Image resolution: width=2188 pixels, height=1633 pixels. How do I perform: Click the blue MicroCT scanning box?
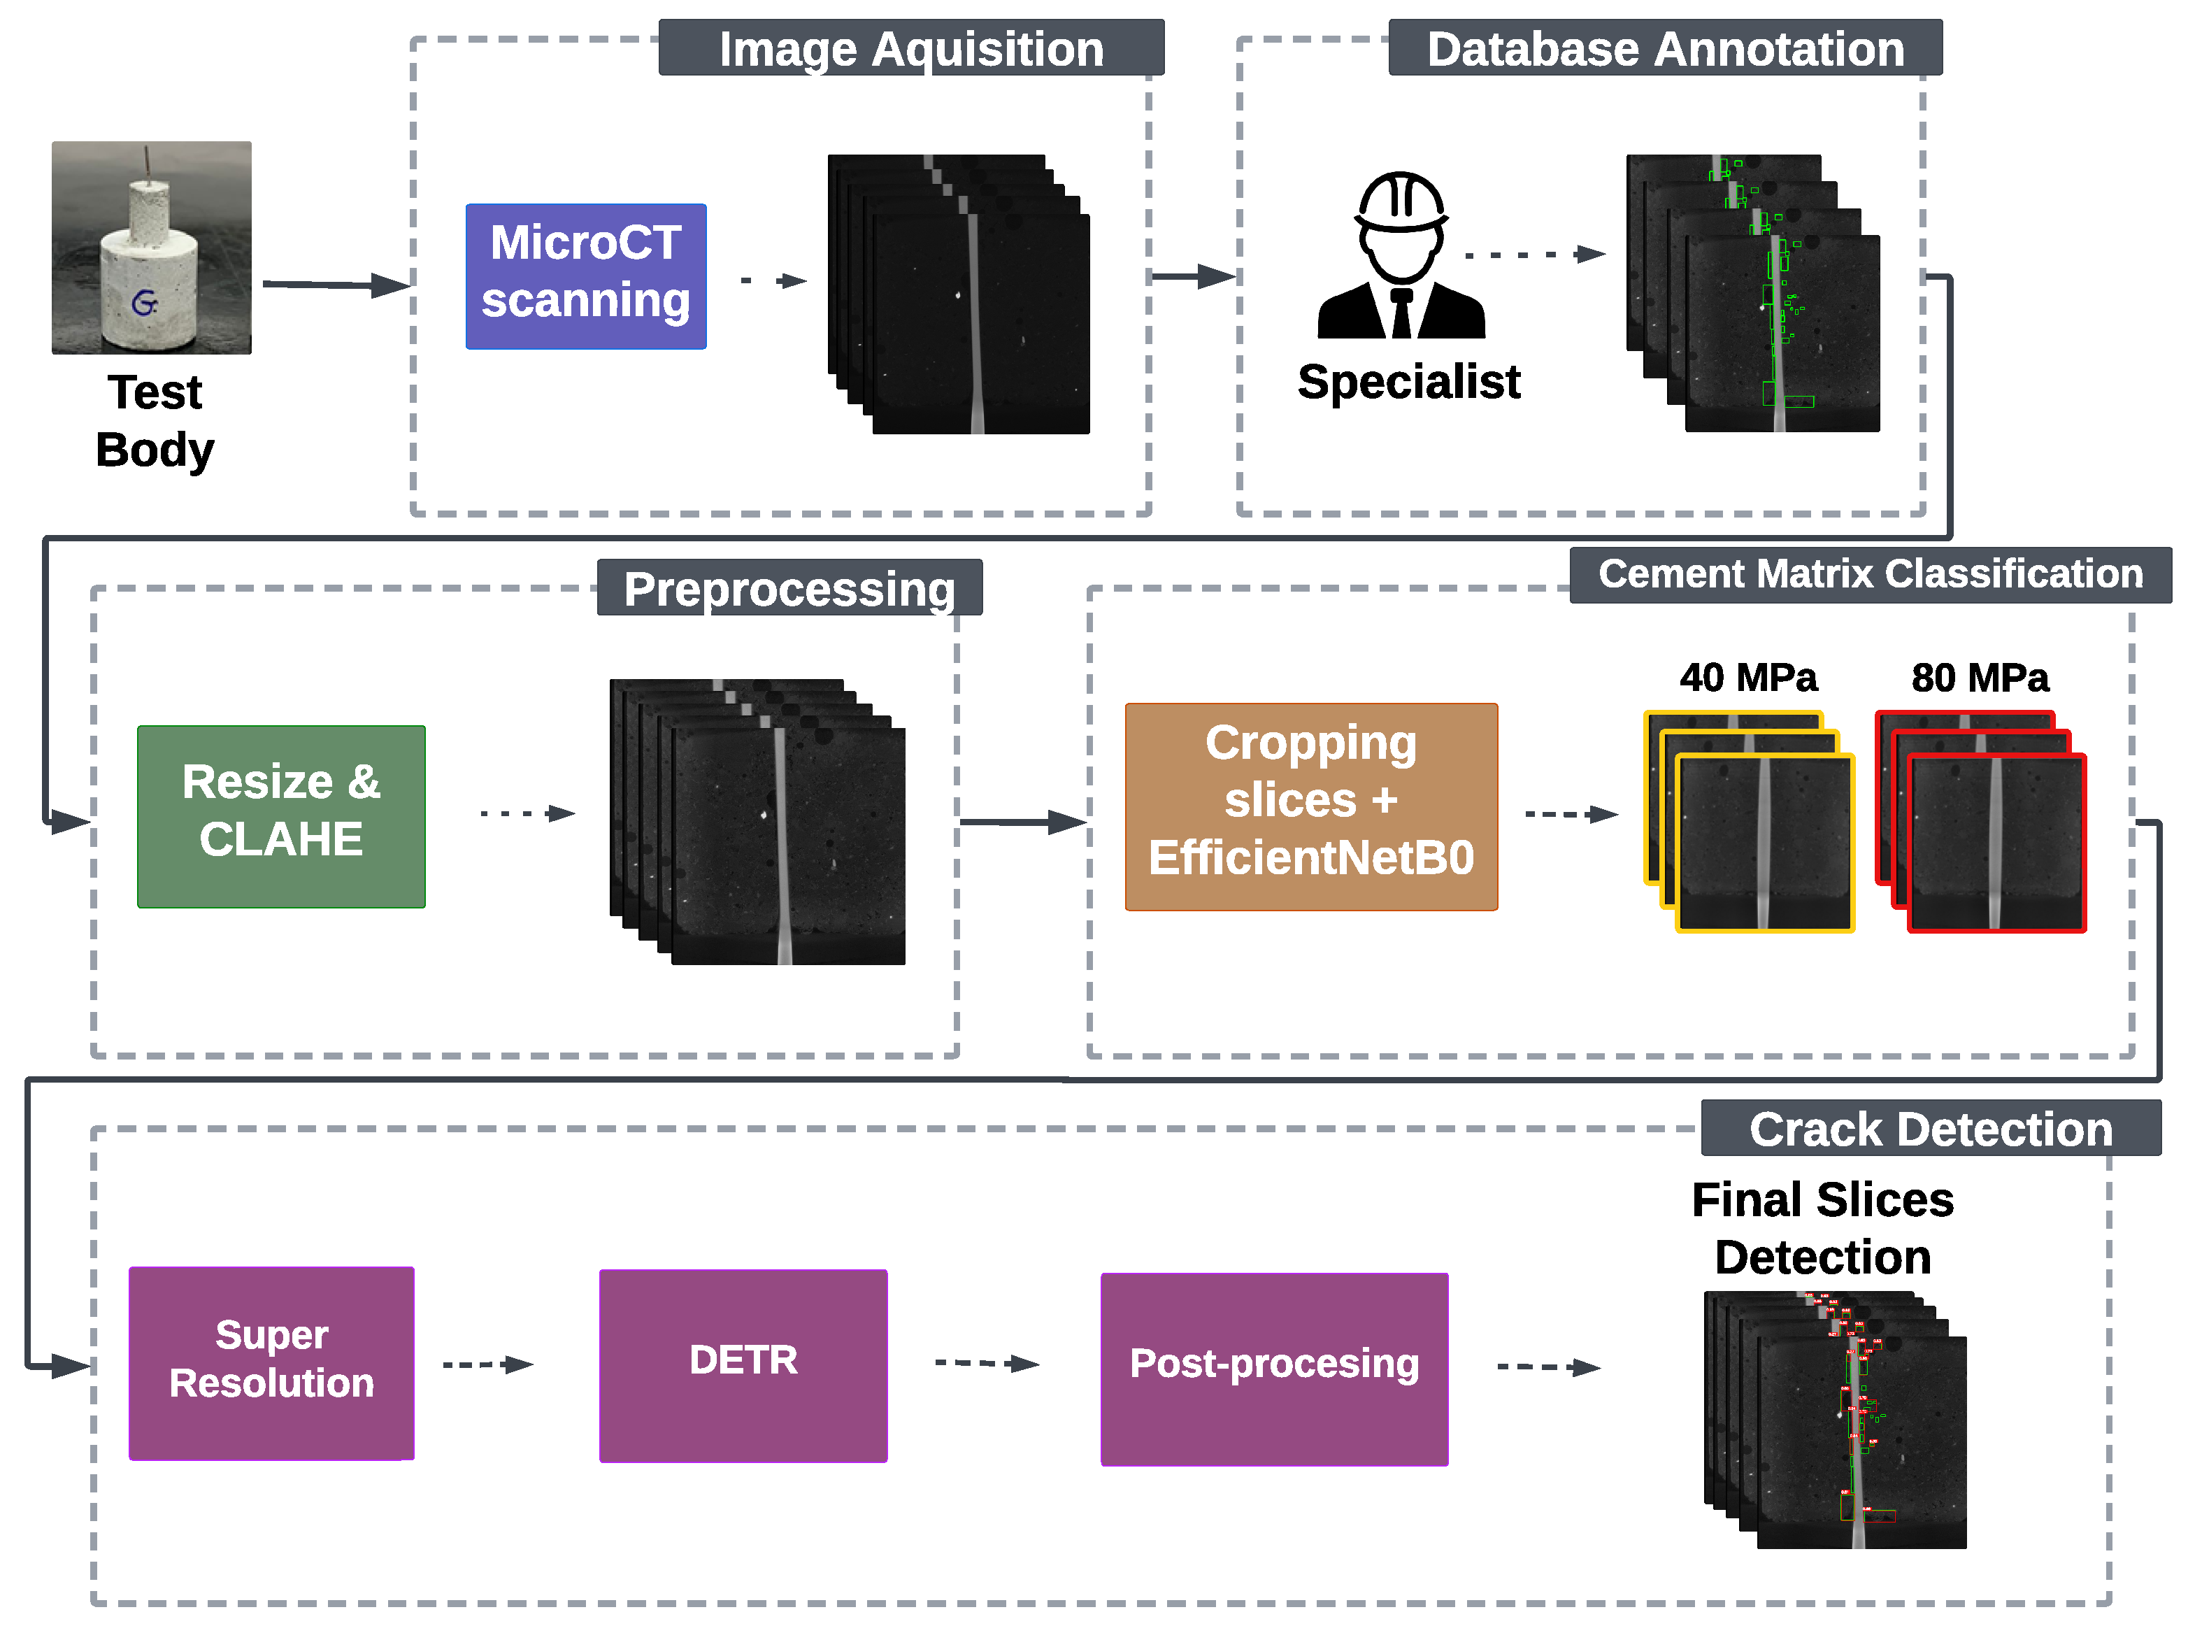(585, 276)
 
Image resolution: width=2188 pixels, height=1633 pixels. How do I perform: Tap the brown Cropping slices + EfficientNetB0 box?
(1310, 806)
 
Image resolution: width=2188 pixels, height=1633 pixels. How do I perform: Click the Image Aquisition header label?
(910, 48)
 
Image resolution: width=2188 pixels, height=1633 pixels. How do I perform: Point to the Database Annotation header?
(1664, 48)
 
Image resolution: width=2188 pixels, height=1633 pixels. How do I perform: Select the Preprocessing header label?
(789, 588)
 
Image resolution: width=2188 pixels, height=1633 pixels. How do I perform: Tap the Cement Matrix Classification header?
(1870, 574)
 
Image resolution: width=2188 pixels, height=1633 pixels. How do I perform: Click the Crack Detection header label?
(1930, 1128)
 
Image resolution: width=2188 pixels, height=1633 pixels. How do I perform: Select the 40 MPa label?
(1747, 678)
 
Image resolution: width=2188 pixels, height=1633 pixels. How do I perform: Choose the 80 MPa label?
(1980, 678)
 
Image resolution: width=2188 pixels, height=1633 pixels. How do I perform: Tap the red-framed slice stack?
(1980, 822)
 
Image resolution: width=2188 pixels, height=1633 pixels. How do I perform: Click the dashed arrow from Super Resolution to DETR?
(487, 1364)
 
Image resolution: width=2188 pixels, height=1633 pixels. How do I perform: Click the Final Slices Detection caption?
(1822, 1227)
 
